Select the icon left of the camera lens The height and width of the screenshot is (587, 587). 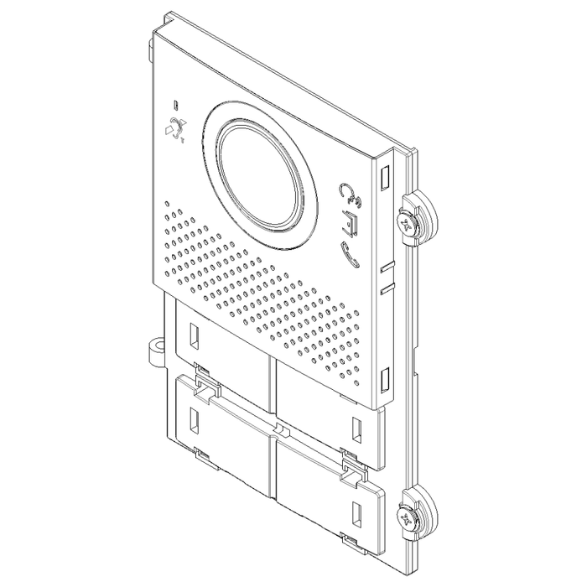[x=175, y=130]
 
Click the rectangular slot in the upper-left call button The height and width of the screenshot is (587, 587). [x=193, y=336]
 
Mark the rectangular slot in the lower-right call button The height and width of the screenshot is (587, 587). [x=356, y=510]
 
